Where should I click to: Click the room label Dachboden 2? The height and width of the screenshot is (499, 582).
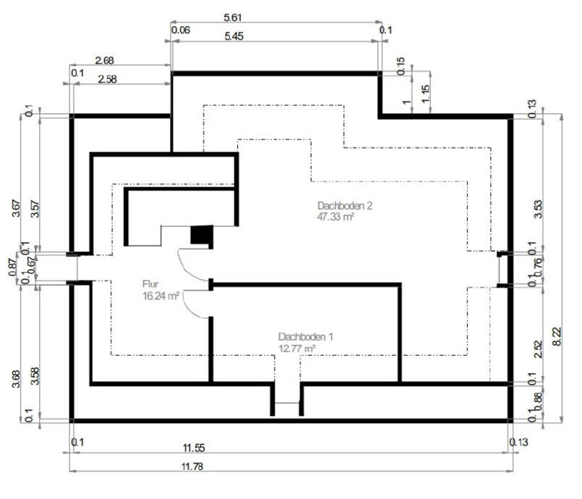coord(344,205)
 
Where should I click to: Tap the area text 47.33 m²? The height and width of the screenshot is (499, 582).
coord(335,217)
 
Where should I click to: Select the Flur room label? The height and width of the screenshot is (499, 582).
coord(151,284)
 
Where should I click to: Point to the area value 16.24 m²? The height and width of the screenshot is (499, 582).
coord(161,296)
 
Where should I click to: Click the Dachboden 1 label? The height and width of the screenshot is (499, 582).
coord(306,337)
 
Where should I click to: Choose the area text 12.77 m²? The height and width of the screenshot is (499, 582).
coord(297,349)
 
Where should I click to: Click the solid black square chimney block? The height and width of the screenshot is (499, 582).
coord(201,235)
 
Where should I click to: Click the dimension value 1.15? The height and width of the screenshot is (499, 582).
coord(424,93)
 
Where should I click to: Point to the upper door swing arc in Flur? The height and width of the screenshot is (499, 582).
coord(192,263)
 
